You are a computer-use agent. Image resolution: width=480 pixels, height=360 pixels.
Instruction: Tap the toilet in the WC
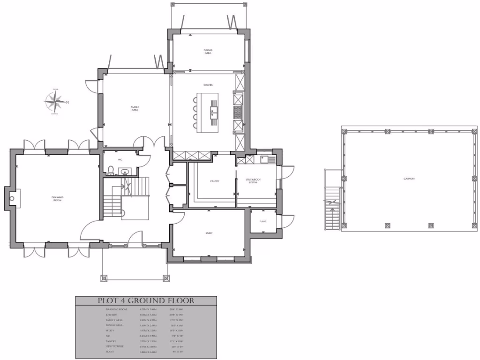click(110, 170)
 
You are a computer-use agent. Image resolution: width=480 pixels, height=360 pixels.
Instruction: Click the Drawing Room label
click(58, 199)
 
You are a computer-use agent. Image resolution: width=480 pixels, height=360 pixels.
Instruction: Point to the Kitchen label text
click(208, 85)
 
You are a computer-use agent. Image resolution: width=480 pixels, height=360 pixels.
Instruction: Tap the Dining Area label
click(208, 52)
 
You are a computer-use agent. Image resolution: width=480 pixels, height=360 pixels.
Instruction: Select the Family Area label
click(135, 108)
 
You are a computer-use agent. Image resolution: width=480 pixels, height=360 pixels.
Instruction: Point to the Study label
click(209, 233)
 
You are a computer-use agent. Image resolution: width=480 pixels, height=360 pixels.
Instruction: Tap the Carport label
click(409, 179)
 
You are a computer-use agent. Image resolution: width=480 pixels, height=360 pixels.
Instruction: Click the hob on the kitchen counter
click(237, 111)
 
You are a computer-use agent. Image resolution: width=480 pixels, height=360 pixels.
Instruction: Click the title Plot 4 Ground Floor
click(146, 301)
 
